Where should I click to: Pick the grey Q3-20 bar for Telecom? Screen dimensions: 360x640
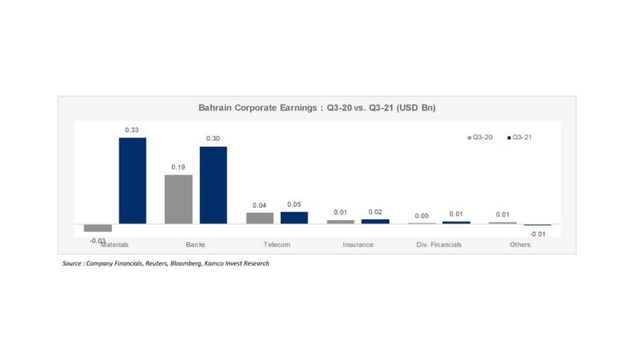tap(260, 218)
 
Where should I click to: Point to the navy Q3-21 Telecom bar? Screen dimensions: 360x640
tap(294, 218)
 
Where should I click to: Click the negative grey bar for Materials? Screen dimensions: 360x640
tap(98, 228)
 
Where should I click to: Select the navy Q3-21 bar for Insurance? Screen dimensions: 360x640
tap(375, 221)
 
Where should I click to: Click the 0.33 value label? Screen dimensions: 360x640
tap(132, 130)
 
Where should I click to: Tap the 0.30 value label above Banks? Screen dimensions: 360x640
tap(213, 139)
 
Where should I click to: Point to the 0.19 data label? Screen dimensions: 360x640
tap(178, 167)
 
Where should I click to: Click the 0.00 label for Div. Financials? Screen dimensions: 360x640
tap(421, 215)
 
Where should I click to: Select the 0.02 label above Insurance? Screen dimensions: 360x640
tap(375, 212)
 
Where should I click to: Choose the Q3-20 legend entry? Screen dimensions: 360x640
tap(479, 138)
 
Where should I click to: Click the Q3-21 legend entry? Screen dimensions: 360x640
tap(520, 138)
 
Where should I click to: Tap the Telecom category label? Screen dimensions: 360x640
tap(277, 245)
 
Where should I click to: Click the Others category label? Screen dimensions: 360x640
tap(519, 245)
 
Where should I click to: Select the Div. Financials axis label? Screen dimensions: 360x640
tap(439, 245)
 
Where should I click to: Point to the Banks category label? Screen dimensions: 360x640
tap(195, 245)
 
